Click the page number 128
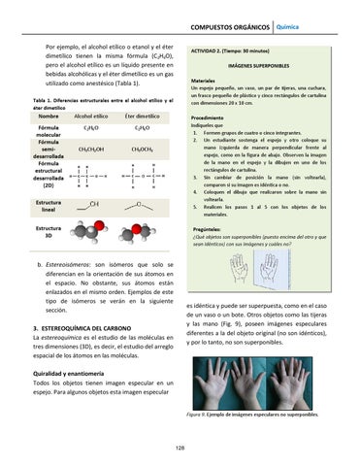click(x=180, y=448)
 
